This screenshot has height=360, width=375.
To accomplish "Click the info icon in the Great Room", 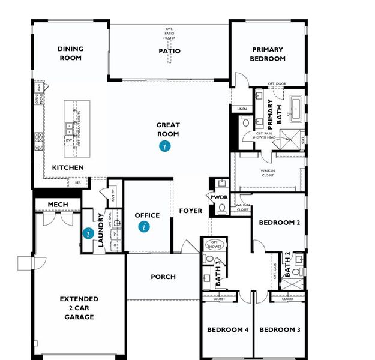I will [x=164, y=146].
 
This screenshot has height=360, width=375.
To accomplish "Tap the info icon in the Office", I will [x=143, y=226].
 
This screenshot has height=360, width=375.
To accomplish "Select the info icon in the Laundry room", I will [x=88, y=233].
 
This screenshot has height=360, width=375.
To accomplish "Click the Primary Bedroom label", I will [x=268, y=54].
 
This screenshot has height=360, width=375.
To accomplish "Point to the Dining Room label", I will [x=70, y=53].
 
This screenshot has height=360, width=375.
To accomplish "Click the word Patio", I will [x=169, y=51].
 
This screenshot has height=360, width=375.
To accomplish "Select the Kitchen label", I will [x=68, y=167].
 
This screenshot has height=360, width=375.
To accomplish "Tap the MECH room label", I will [x=58, y=205].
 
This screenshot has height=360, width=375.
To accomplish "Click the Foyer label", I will [x=191, y=211].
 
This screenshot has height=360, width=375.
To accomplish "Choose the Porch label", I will [x=163, y=277].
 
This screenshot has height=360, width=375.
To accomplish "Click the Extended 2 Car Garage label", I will [x=79, y=308].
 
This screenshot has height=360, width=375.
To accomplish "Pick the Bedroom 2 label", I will [x=279, y=223].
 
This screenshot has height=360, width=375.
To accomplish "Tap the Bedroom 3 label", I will [x=279, y=329].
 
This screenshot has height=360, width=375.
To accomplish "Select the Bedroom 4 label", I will [x=227, y=329].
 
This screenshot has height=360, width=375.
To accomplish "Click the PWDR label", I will [x=218, y=197].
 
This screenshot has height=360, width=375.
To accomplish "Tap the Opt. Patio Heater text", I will [x=169, y=33].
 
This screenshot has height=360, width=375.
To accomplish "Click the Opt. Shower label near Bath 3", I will [x=214, y=244].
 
